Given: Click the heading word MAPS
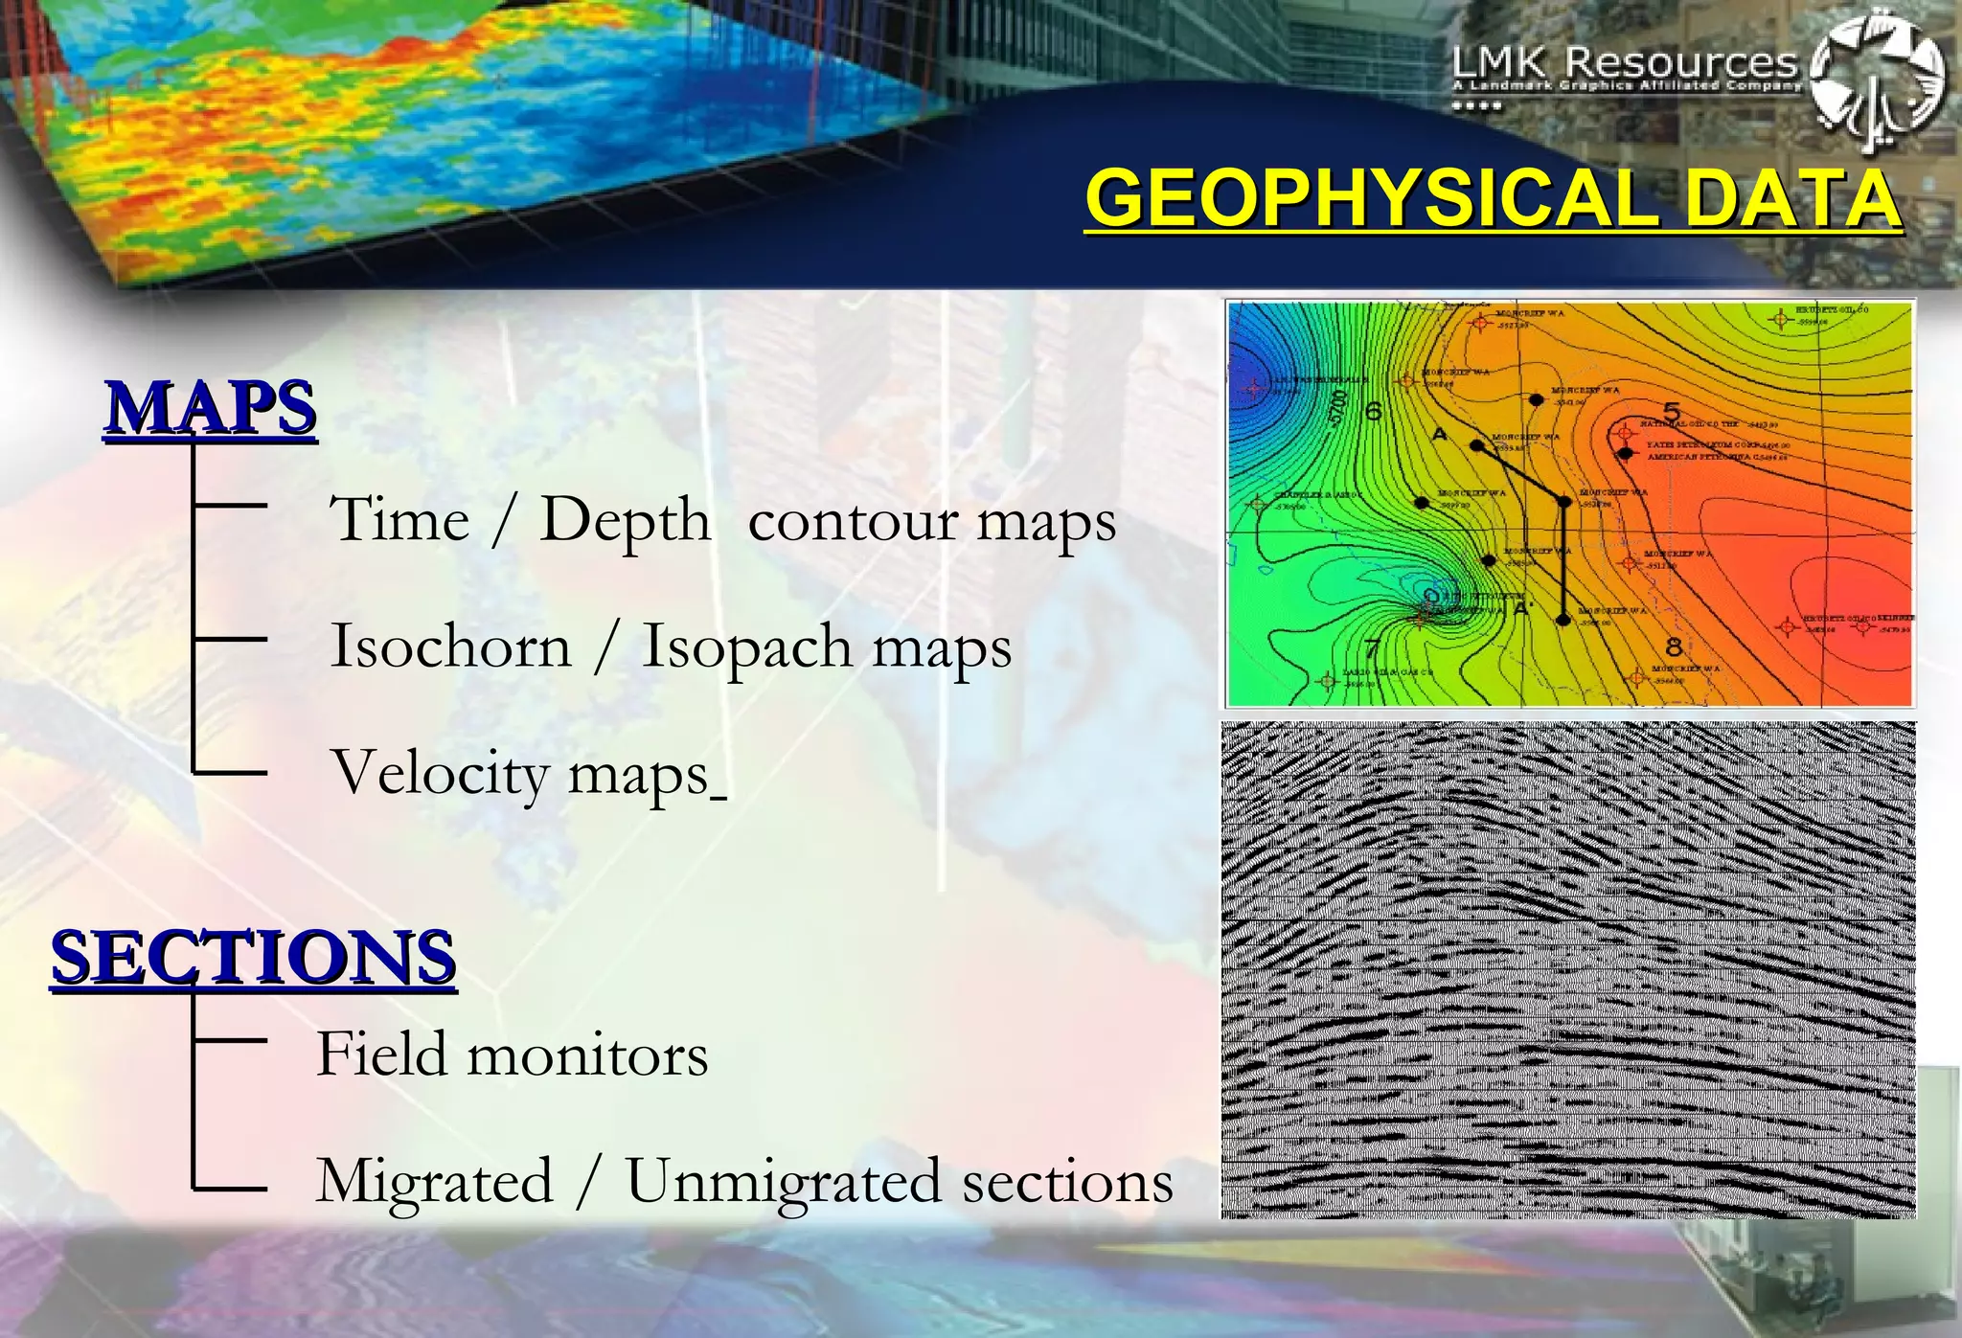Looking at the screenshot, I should pos(211,408).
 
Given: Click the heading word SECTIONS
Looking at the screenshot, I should pos(254,957).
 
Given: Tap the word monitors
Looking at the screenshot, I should pos(586,1055).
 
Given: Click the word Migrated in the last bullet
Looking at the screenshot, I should pos(435,1181).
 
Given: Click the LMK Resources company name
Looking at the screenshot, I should pos(1625,63).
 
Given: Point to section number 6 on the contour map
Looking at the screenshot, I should pos(1373,412).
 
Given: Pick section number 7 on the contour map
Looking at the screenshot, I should pos(1372,650).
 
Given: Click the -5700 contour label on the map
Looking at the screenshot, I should pos(1338,409).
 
